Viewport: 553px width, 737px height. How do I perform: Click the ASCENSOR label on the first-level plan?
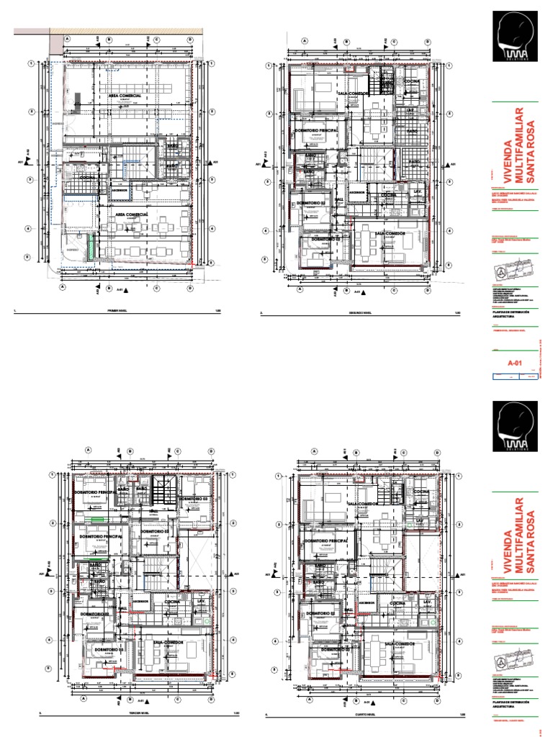[120, 191]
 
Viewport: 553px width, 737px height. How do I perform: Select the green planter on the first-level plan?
[89, 247]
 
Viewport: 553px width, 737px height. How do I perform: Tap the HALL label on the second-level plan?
[338, 199]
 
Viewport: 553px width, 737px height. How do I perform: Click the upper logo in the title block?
[512, 36]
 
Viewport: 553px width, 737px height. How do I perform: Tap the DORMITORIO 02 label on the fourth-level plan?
[323, 613]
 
